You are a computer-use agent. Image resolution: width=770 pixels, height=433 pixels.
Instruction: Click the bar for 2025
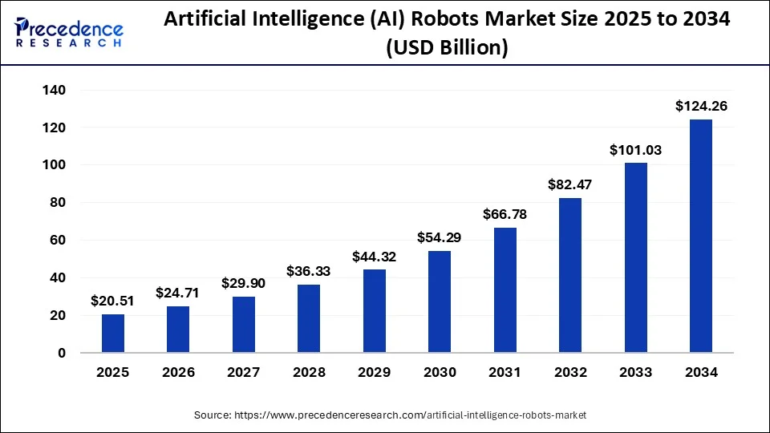tap(113, 334)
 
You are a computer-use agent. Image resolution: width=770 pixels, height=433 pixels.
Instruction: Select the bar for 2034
tap(700, 236)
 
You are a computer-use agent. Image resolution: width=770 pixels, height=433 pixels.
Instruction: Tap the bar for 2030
tap(440, 301)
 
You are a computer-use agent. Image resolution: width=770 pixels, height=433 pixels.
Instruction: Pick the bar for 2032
tap(570, 275)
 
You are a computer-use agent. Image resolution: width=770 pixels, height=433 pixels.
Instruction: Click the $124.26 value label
tap(700, 106)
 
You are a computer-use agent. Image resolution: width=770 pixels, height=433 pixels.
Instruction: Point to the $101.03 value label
tap(635, 149)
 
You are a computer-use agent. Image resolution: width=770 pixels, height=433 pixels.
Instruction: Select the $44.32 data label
tap(375, 257)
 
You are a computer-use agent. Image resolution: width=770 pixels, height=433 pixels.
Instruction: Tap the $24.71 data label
tap(179, 293)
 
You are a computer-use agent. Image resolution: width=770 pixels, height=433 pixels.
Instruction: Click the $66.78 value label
tap(505, 214)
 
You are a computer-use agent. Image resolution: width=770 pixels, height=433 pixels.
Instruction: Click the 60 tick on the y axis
tap(57, 241)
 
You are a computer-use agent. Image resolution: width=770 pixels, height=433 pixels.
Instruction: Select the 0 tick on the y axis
tap(61, 353)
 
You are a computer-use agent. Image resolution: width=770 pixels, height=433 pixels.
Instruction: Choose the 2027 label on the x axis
tap(244, 373)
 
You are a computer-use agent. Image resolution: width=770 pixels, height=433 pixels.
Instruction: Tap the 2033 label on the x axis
tap(635, 373)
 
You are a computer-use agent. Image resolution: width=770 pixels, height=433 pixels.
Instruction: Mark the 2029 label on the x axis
tap(375, 373)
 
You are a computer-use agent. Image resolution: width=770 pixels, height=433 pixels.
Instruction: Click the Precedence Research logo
tap(69, 32)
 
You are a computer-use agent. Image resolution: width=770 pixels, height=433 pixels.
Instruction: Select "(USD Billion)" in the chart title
tap(447, 48)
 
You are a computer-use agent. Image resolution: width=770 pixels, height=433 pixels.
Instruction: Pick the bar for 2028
tap(309, 318)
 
